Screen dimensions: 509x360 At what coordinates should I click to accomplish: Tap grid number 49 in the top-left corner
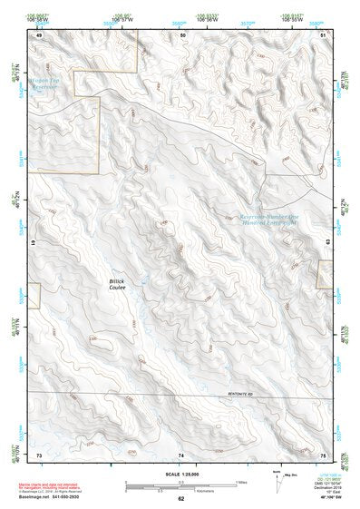click(x=39, y=34)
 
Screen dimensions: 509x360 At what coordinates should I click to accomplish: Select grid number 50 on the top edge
click(x=182, y=34)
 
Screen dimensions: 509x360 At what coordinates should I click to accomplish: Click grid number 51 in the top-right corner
click(x=324, y=34)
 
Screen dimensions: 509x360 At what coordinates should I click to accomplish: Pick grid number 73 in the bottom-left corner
click(x=39, y=454)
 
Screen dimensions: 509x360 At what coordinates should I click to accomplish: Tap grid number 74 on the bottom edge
click(x=181, y=454)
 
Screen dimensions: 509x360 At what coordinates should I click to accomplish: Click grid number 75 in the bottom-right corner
click(x=323, y=454)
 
